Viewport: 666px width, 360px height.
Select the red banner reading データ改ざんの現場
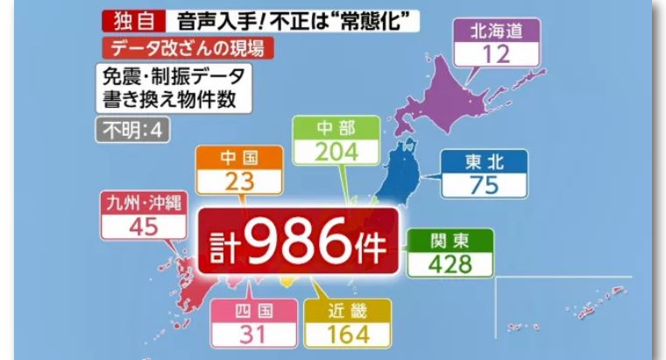click(x=188, y=48)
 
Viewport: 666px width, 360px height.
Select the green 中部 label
click(x=337, y=127)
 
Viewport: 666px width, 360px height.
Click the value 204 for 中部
click(x=337, y=151)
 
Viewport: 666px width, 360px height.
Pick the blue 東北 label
click(x=484, y=163)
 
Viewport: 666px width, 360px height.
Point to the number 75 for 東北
click(x=484, y=186)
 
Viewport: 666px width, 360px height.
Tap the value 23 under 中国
click(x=239, y=183)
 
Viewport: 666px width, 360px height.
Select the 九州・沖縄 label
click(x=144, y=204)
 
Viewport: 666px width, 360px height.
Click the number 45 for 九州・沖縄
click(x=144, y=228)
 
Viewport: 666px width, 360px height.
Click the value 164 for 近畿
click(x=349, y=334)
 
